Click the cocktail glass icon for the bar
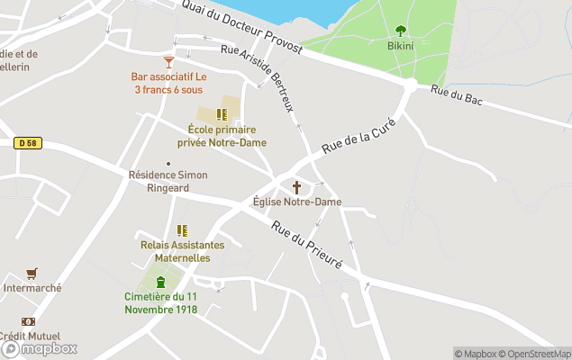click(x=168, y=61)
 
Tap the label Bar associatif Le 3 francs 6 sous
click(x=168, y=84)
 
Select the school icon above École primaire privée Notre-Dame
click(x=222, y=114)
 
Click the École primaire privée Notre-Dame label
click(x=222, y=136)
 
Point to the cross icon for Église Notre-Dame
click(x=296, y=187)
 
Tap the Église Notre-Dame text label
click(x=296, y=202)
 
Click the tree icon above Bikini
click(x=400, y=30)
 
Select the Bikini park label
click(x=400, y=45)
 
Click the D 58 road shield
click(x=29, y=142)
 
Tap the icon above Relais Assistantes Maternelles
click(x=182, y=230)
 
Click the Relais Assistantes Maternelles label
click(x=182, y=251)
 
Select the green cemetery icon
click(x=161, y=283)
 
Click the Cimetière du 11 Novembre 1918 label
click(x=161, y=303)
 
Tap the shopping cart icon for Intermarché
click(x=32, y=274)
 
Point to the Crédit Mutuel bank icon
click(x=29, y=321)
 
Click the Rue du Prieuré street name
click(x=307, y=245)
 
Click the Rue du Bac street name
click(x=457, y=95)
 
